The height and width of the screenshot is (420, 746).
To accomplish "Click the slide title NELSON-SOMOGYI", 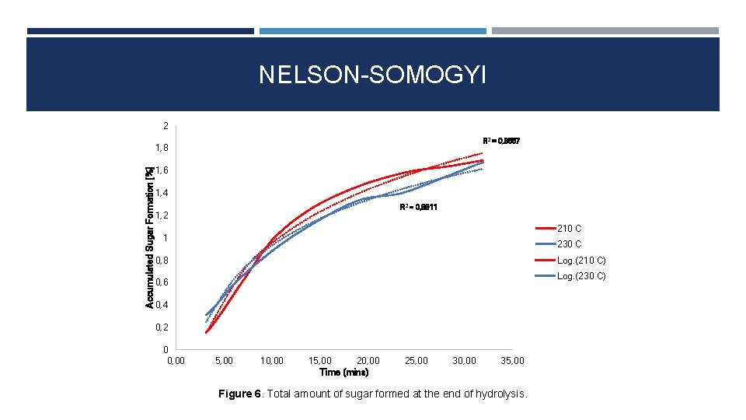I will tap(372, 75).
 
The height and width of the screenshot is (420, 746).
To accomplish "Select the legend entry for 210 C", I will tap(569, 229).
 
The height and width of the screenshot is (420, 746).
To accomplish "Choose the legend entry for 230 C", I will tap(569, 244).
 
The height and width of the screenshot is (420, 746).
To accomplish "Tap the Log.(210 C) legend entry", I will tap(581, 261).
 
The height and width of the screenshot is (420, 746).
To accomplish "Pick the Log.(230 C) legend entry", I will tap(581, 276).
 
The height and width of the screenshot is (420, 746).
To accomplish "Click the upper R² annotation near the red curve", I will tap(501, 141).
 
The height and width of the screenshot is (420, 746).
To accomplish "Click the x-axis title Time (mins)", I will tap(343, 373).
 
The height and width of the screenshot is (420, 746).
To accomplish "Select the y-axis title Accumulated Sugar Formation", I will tap(150, 235).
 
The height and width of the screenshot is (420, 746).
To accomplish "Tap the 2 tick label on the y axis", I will tap(165, 125).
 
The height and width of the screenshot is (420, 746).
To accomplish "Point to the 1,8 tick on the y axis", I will tap(162, 148).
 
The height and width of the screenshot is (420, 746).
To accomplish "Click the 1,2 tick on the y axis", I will tap(162, 215).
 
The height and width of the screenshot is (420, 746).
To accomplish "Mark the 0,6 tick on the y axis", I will tap(162, 282).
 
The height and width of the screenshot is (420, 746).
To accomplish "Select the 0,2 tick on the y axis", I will tap(162, 327).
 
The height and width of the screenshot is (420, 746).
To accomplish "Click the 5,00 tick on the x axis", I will tap(225, 361).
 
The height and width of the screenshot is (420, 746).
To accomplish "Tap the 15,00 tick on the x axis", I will tap(320, 361).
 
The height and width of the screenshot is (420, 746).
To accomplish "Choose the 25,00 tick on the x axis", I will tap(417, 361).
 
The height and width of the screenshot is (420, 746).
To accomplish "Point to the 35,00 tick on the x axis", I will tap(512, 361).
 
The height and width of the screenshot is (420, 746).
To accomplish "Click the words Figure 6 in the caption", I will tap(239, 394).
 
